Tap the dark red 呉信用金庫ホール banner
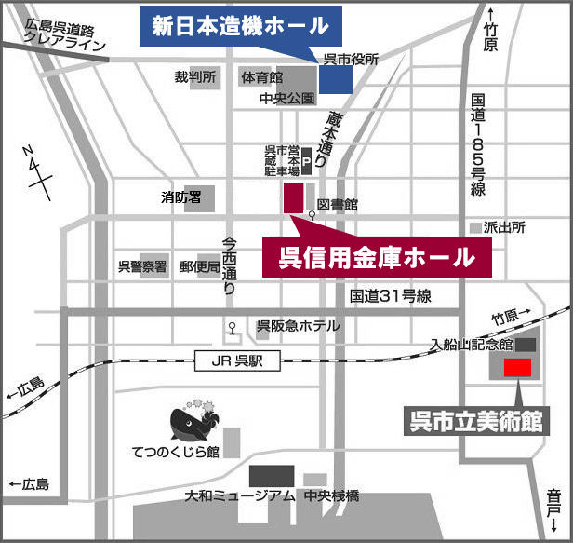coord(376,255)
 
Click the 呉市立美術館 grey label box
coord(476,420)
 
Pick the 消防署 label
coord(180,197)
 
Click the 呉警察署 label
coord(142,266)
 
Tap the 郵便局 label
coord(199,266)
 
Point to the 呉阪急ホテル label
coord(298,326)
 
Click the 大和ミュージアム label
coord(240,495)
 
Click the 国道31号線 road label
coord(391,296)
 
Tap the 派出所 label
coord(506,227)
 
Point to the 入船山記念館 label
coord(472,344)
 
